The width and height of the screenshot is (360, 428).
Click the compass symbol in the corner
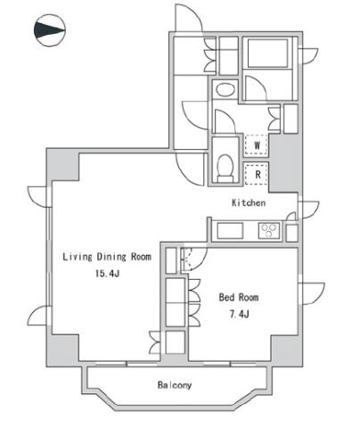(x=50, y=30)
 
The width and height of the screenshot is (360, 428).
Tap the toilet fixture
(x=225, y=168)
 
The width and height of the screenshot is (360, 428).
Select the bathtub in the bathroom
(x=267, y=53)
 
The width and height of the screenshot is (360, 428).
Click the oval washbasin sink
(x=225, y=89)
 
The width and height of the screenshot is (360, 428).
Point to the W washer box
(x=257, y=145)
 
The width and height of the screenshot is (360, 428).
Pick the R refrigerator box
(x=257, y=174)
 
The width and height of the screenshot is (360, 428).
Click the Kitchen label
(x=249, y=202)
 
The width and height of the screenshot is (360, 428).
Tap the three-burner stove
(x=269, y=230)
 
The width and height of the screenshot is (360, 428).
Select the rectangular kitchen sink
(x=230, y=231)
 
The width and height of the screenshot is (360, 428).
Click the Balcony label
(x=175, y=385)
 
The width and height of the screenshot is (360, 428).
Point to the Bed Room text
(x=239, y=297)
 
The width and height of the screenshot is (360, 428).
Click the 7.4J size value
(x=239, y=314)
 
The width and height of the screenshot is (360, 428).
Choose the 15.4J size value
(x=107, y=273)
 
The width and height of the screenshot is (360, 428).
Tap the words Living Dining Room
(x=107, y=257)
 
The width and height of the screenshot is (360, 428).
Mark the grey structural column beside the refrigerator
(x=285, y=163)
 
